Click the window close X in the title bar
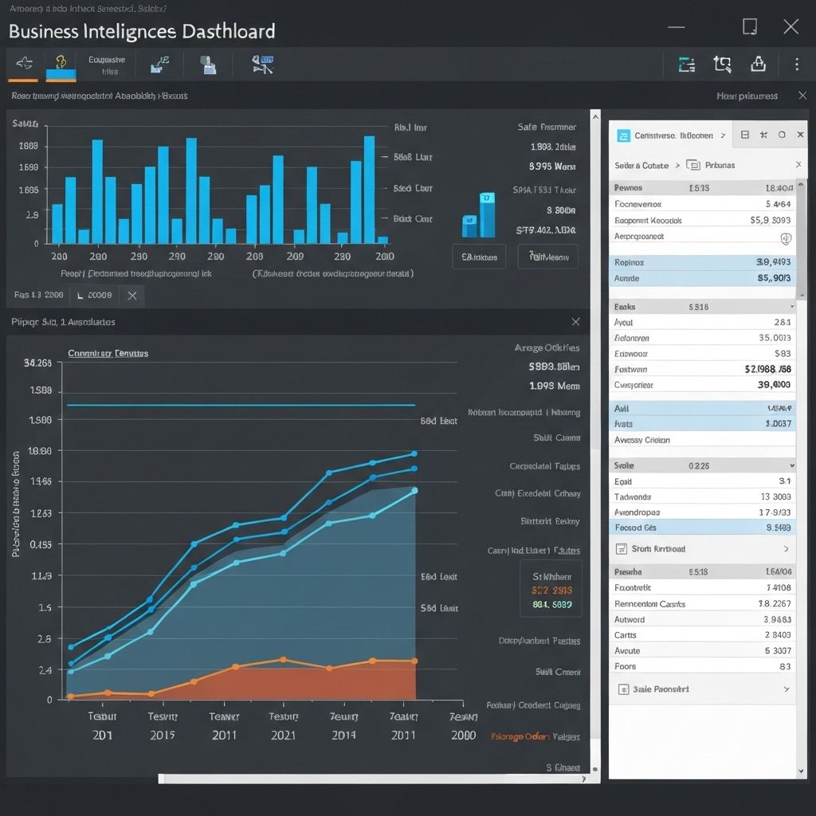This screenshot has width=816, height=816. click(790, 27)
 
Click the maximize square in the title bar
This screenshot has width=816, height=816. click(749, 27)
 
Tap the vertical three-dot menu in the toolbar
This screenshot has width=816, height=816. click(796, 65)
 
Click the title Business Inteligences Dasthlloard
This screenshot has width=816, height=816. click(142, 31)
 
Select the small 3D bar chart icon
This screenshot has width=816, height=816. click(479, 214)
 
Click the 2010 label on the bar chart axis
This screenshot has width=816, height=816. click(384, 257)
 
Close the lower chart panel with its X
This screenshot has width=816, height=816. click(575, 322)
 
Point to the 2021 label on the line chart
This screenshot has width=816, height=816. click(283, 735)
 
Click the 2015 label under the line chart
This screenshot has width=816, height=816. click(163, 735)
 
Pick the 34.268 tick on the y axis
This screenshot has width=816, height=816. click(37, 363)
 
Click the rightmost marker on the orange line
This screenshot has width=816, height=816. click(414, 661)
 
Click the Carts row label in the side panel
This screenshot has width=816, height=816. click(626, 635)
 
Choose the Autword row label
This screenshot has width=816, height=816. click(630, 619)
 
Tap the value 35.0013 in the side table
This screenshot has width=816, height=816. click(771, 338)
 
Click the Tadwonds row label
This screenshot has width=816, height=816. click(634, 496)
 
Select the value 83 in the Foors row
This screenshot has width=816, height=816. click(785, 666)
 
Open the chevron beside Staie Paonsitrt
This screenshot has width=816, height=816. click(786, 689)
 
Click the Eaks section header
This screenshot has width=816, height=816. click(625, 306)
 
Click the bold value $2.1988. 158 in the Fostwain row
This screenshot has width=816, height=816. click(767, 369)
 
